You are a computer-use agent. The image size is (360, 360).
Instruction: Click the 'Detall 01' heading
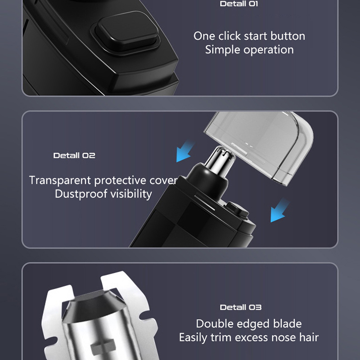coord(239,4)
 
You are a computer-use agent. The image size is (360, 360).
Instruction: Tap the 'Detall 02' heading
coord(74,155)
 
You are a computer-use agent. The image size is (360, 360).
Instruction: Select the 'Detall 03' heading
coord(241,307)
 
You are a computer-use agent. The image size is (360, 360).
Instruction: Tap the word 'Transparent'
coord(60,180)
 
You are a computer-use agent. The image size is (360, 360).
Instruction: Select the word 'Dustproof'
coord(81,194)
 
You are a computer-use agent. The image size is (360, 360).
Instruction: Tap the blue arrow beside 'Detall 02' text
coord(185,151)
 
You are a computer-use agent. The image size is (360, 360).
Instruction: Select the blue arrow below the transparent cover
coord(279,211)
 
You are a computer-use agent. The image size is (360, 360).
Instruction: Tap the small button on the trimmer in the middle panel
coord(238,209)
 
